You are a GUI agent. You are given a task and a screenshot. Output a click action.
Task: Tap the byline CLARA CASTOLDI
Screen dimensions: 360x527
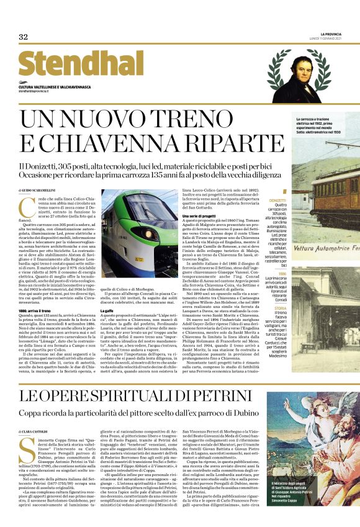point(37,413)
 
